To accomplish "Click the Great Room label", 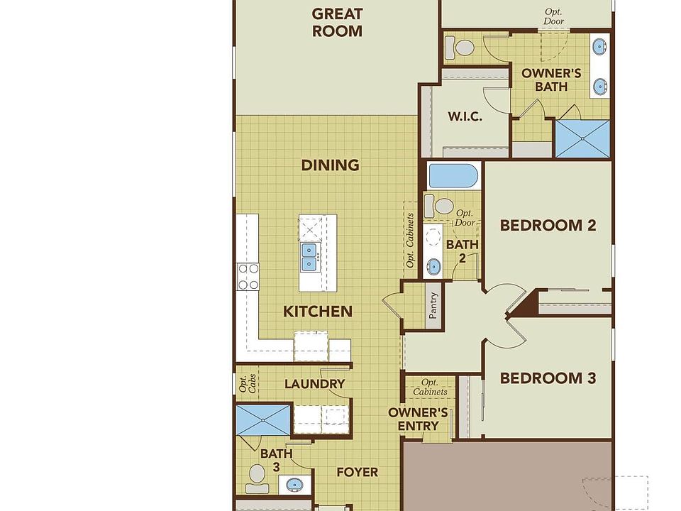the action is (x=337, y=23).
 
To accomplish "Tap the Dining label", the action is (x=330, y=165).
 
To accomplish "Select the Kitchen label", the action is (x=318, y=312).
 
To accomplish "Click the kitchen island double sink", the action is (x=309, y=257).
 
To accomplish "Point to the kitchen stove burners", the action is (x=248, y=277).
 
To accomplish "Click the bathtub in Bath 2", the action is (x=453, y=175).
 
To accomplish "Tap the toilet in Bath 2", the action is (x=439, y=206).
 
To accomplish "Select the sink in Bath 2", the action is (x=433, y=265).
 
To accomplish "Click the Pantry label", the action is (x=433, y=305).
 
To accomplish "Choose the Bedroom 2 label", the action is (x=548, y=225).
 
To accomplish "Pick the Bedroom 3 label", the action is (x=548, y=378).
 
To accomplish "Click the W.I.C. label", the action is (x=465, y=116).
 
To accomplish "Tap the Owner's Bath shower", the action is (x=583, y=138).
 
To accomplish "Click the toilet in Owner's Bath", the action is (x=460, y=47).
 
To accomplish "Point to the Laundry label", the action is (x=314, y=384).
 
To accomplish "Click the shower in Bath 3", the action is (x=262, y=419).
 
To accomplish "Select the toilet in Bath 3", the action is (x=257, y=478).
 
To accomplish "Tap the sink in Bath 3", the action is (x=295, y=484).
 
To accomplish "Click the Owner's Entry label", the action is (x=418, y=419).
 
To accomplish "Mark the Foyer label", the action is (x=357, y=473).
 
